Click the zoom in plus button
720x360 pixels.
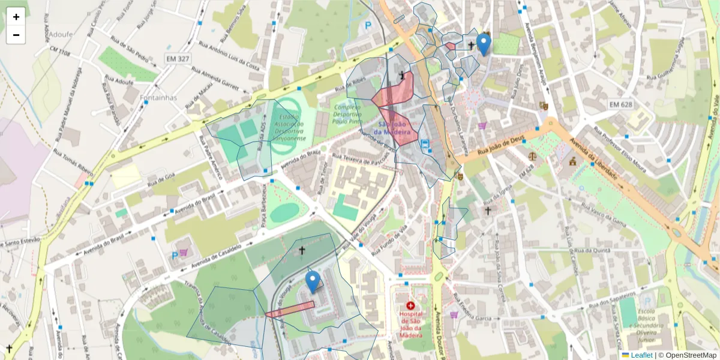point(16,17)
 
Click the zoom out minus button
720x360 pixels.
point(16,35)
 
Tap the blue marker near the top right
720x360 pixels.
point(483,44)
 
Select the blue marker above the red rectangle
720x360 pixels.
point(312,281)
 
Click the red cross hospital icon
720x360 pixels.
point(410,305)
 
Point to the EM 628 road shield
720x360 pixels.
point(621,104)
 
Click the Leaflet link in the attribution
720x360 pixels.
point(641,355)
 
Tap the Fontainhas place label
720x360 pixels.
point(139,97)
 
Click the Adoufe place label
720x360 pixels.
point(60,34)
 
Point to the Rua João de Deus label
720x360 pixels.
point(501,146)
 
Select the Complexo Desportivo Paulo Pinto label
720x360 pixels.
point(353,114)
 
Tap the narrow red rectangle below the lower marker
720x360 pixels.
point(290,310)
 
